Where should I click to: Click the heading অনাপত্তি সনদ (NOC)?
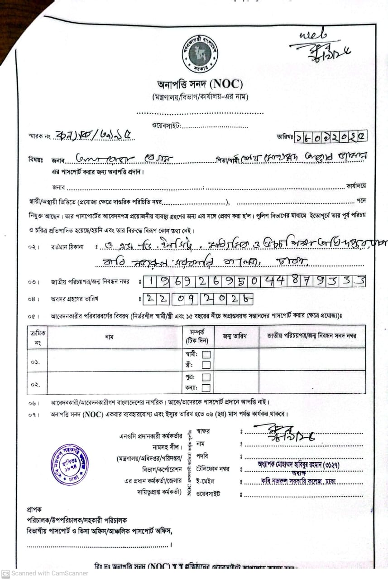(x=200, y=85)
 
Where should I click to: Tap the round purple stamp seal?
(x=69, y=464)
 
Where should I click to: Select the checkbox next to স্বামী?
(x=206, y=354)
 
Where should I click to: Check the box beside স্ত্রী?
(x=206, y=365)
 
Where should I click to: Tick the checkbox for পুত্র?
(x=206, y=377)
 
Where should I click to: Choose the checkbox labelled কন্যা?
(x=206, y=387)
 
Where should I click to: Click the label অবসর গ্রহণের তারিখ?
(x=75, y=299)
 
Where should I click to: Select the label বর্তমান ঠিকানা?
(x=68, y=247)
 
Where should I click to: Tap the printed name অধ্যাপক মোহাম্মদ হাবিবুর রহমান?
(x=292, y=464)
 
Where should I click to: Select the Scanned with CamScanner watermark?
(x=45, y=573)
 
